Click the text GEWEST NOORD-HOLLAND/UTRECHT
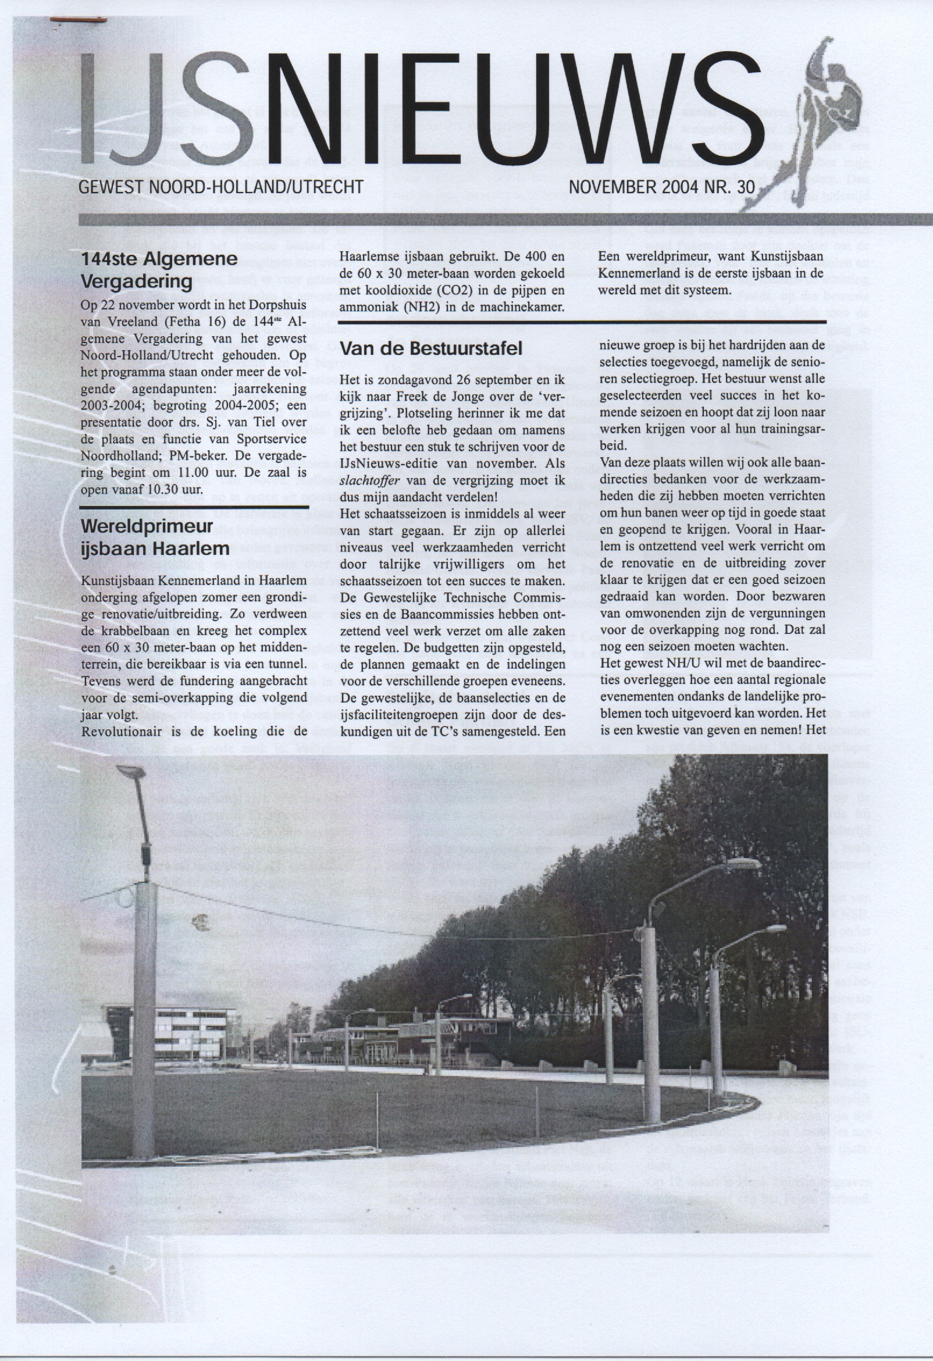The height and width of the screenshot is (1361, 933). pyautogui.click(x=221, y=187)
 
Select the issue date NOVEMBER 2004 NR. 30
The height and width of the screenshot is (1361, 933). pyautogui.click(x=662, y=187)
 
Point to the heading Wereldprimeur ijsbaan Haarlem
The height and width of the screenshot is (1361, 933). pyautogui.click(x=155, y=537)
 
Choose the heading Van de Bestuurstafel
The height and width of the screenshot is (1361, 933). pyautogui.click(x=431, y=348)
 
